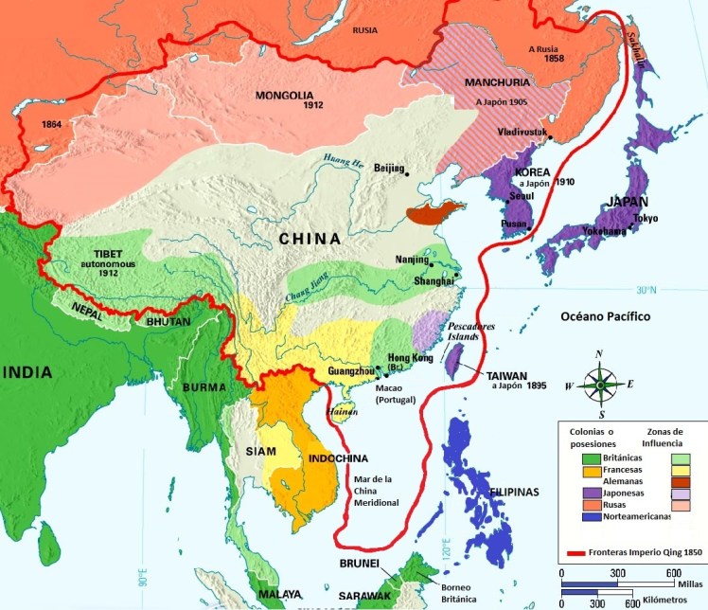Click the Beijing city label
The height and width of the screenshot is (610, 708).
tap(389, 168)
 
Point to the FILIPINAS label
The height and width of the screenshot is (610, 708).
tap(513, 493)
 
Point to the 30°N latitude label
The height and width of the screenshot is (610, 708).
tap(646, 290)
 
